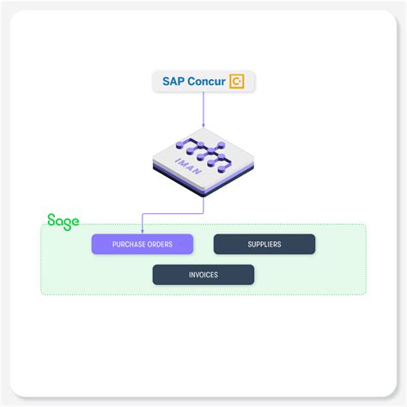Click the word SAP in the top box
174,82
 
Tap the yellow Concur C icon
237,82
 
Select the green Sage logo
64,221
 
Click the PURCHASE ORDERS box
143,245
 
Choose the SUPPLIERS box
264,245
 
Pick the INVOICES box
203,275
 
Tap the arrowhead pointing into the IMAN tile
203,128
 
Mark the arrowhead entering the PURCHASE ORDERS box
143,231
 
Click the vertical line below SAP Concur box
203,107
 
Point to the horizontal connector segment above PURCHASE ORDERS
172,212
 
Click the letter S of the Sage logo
52,221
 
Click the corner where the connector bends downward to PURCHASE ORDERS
143,212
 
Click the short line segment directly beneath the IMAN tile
203,203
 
